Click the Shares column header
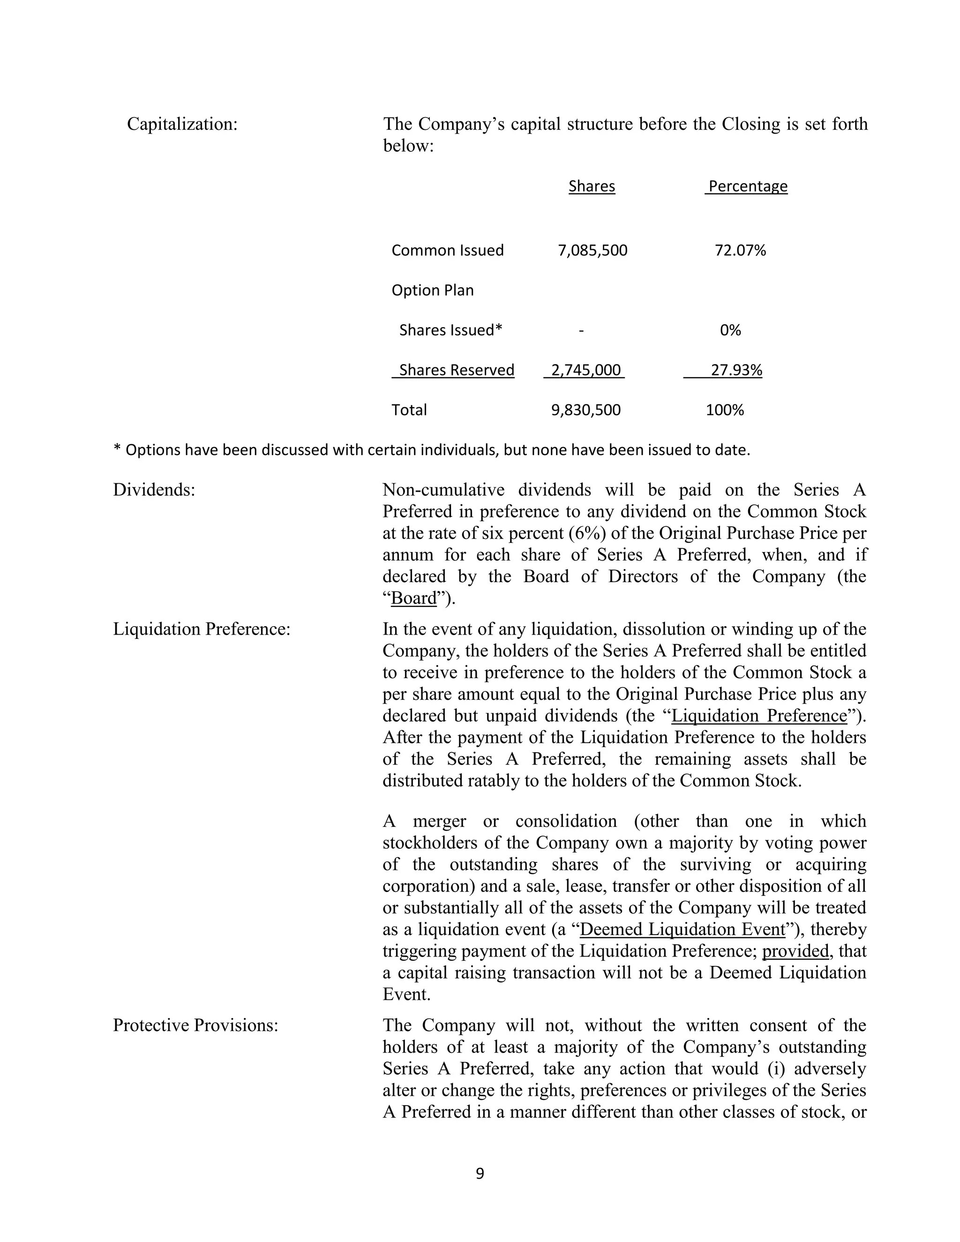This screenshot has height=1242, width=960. (x=592, y=187)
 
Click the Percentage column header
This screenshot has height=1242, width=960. (x=747, y=187)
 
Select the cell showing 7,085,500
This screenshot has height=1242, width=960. (x=592, y=251)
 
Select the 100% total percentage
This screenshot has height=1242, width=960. (x=725, y=410)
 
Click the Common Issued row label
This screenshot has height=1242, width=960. (x=447, y=251)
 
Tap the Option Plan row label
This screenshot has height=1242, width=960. (x=432, y=291)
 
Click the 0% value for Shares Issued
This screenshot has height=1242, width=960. (x=730, y=330)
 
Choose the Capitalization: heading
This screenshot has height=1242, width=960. (x=182, y=124)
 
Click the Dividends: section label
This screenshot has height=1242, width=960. (x=154, y=490)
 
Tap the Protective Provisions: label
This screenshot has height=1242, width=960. (x=195, y=1025)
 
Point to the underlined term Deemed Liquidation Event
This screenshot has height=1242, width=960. (x=682, y=929)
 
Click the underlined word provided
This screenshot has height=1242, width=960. (x=795, y=951)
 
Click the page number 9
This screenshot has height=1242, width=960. (x=480, y=1173)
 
